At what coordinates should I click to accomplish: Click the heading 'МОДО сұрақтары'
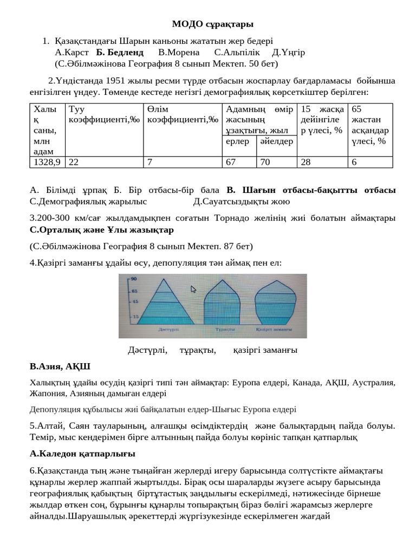[212, 24]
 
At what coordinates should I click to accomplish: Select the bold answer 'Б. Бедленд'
[120, 53]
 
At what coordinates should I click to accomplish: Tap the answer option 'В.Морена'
[179, 53]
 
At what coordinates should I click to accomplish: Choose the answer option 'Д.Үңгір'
[288, 53]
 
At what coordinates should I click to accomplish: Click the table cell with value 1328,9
[47, 162]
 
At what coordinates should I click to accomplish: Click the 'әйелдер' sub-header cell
[276, 141]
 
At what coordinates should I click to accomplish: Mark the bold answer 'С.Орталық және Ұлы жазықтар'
[102, 230]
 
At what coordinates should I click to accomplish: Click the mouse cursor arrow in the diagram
[193, 289]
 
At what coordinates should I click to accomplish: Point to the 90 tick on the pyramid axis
[133, 279]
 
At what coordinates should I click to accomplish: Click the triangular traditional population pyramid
[163, 304]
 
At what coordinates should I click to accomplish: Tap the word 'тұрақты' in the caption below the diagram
[198, 350]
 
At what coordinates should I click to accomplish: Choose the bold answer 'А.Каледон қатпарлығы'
[82, 453]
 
